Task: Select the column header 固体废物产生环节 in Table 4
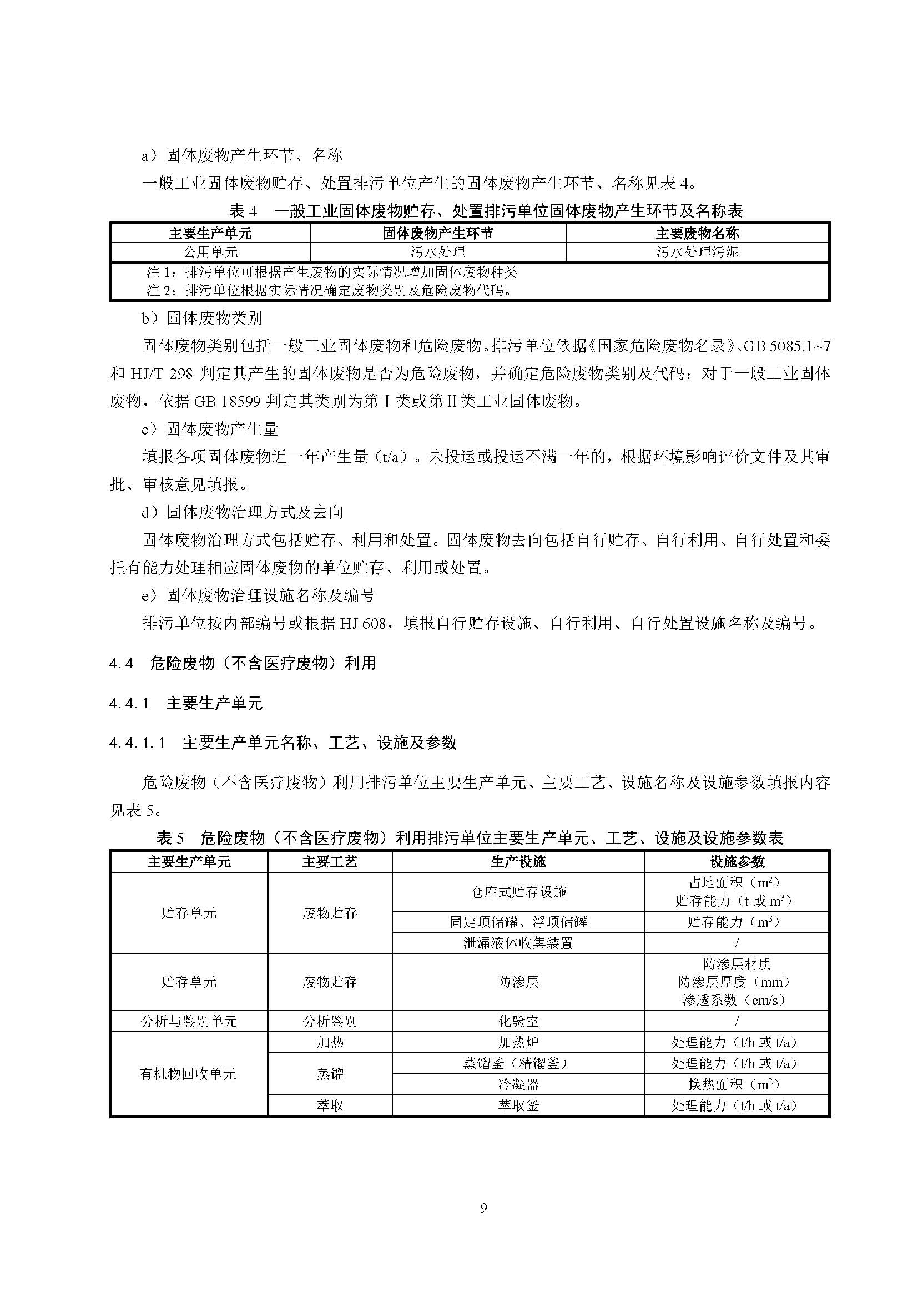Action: (x=437, y=233)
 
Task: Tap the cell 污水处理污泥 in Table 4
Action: (x=697, y=252)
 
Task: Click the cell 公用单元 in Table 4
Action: (x=210, y=252)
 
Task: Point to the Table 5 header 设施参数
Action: (x=737, y=862)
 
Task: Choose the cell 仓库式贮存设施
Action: (x=518, y=892)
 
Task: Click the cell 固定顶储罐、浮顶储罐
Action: (x=518, y=922)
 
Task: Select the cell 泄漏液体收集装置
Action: (x=518, y=943)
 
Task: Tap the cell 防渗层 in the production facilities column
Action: (x=518, y=982)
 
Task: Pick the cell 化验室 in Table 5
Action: (x=518, y=1022)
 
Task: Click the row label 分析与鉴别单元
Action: (x=189, y=1022)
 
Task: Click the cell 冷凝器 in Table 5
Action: (x=518, y=1084)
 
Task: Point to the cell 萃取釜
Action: (x=518, y=1106)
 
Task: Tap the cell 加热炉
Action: (x=518, y=1043)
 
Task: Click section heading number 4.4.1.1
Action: (x=137, y=743)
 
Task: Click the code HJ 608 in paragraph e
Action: (x=362, y=624)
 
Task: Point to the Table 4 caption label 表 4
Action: (x=243, y=211)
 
